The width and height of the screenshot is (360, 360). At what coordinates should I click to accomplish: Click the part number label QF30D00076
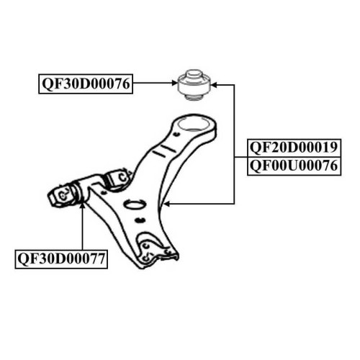click(x=86, y=84)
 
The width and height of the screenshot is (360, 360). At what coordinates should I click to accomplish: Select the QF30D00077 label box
click(x=61, y=259)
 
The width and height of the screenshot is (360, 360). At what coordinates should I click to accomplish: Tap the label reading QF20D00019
click(x=294, y=148)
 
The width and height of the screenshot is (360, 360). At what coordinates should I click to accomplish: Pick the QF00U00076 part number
click(x=294, y=166)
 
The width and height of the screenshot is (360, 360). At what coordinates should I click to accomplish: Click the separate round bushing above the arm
click(x=194, y=85)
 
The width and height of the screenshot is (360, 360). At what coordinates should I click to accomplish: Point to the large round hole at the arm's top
click(x=193, y=124)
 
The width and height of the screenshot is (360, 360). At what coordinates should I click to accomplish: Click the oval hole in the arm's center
click(x=135, y=204)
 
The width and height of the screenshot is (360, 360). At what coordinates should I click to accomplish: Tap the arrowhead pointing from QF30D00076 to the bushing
click(x=174, y=83)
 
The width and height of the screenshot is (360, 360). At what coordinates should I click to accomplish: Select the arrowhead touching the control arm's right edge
click(x=167, y=204)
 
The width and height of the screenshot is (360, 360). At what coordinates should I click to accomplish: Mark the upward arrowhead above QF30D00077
click(x=82, y=206)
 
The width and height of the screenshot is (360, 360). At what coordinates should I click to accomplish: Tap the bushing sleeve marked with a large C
click(x=120, y=178)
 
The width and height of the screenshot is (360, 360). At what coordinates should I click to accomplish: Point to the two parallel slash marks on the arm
click(x=164, y=150)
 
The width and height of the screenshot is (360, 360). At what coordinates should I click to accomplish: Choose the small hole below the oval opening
click(x=140, y=220)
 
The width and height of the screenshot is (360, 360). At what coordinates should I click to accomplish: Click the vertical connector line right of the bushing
click(x=234, y=144)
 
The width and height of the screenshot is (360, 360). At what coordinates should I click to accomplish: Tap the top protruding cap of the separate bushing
click(x=194, y=73)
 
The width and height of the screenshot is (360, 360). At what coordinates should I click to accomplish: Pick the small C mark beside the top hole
click(x=177, y=135)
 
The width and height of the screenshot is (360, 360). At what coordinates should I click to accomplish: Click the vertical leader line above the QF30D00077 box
click(x=82, y=228)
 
